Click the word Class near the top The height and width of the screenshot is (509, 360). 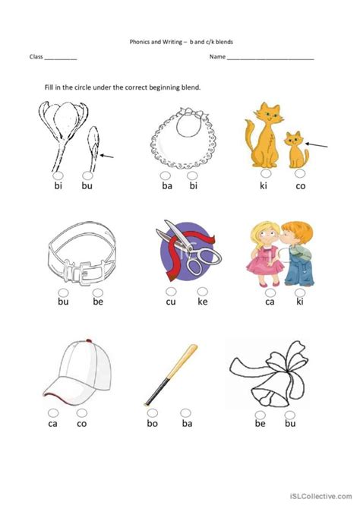coord(36,57)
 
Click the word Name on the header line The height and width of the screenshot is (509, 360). coord(217,57)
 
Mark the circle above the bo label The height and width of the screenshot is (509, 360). coord(153,413)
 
